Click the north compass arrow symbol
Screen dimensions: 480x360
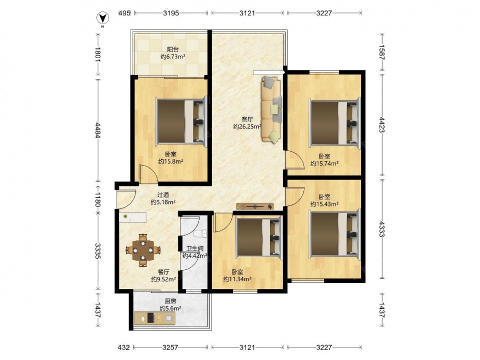click(104, 18)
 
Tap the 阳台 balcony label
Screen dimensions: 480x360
click(173, 49)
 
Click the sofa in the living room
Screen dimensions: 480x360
click(272, 109)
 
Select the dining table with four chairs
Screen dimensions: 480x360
click(143, 250)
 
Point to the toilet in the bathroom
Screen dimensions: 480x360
click(200, 234)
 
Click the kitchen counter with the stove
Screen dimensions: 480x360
click(155, 318)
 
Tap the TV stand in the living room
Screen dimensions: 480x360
click(255, 206)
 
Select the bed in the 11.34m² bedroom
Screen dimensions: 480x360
click(259, 236)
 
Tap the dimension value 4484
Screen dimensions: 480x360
click(97, 131)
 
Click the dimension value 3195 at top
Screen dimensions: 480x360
click(171, 13)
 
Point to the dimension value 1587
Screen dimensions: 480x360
click(382, 52)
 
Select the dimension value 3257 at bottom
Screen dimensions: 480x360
click(170, 347)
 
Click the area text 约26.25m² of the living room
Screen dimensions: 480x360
click(247, 126)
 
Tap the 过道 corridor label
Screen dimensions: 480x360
click(163, 195)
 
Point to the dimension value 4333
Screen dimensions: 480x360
click(382, 229)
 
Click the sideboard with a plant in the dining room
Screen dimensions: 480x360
click(133, 217)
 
